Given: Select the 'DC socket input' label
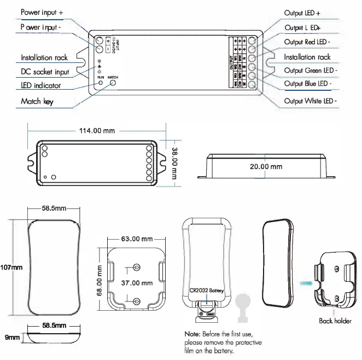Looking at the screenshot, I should click(45, 72).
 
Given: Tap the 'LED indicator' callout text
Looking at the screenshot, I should click(40, 86).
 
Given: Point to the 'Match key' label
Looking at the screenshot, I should click(37, 101).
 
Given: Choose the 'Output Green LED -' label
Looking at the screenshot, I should click(311, 71).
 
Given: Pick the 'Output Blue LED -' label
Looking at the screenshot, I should click(307, 84).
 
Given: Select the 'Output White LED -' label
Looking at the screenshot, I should click(310, 101).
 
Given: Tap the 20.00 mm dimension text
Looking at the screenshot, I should click(266, 166).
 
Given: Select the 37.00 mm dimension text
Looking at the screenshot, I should click(136, 283).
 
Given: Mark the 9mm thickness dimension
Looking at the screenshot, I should click(13, 339).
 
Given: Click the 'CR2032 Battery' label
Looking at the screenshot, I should click(207, 291).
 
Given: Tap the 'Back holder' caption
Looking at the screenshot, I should click(335, 321).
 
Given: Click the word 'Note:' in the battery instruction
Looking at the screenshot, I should click(192, 334).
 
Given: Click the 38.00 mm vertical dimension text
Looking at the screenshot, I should click(174, 162).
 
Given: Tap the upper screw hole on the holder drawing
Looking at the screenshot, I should click(136, 268).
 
